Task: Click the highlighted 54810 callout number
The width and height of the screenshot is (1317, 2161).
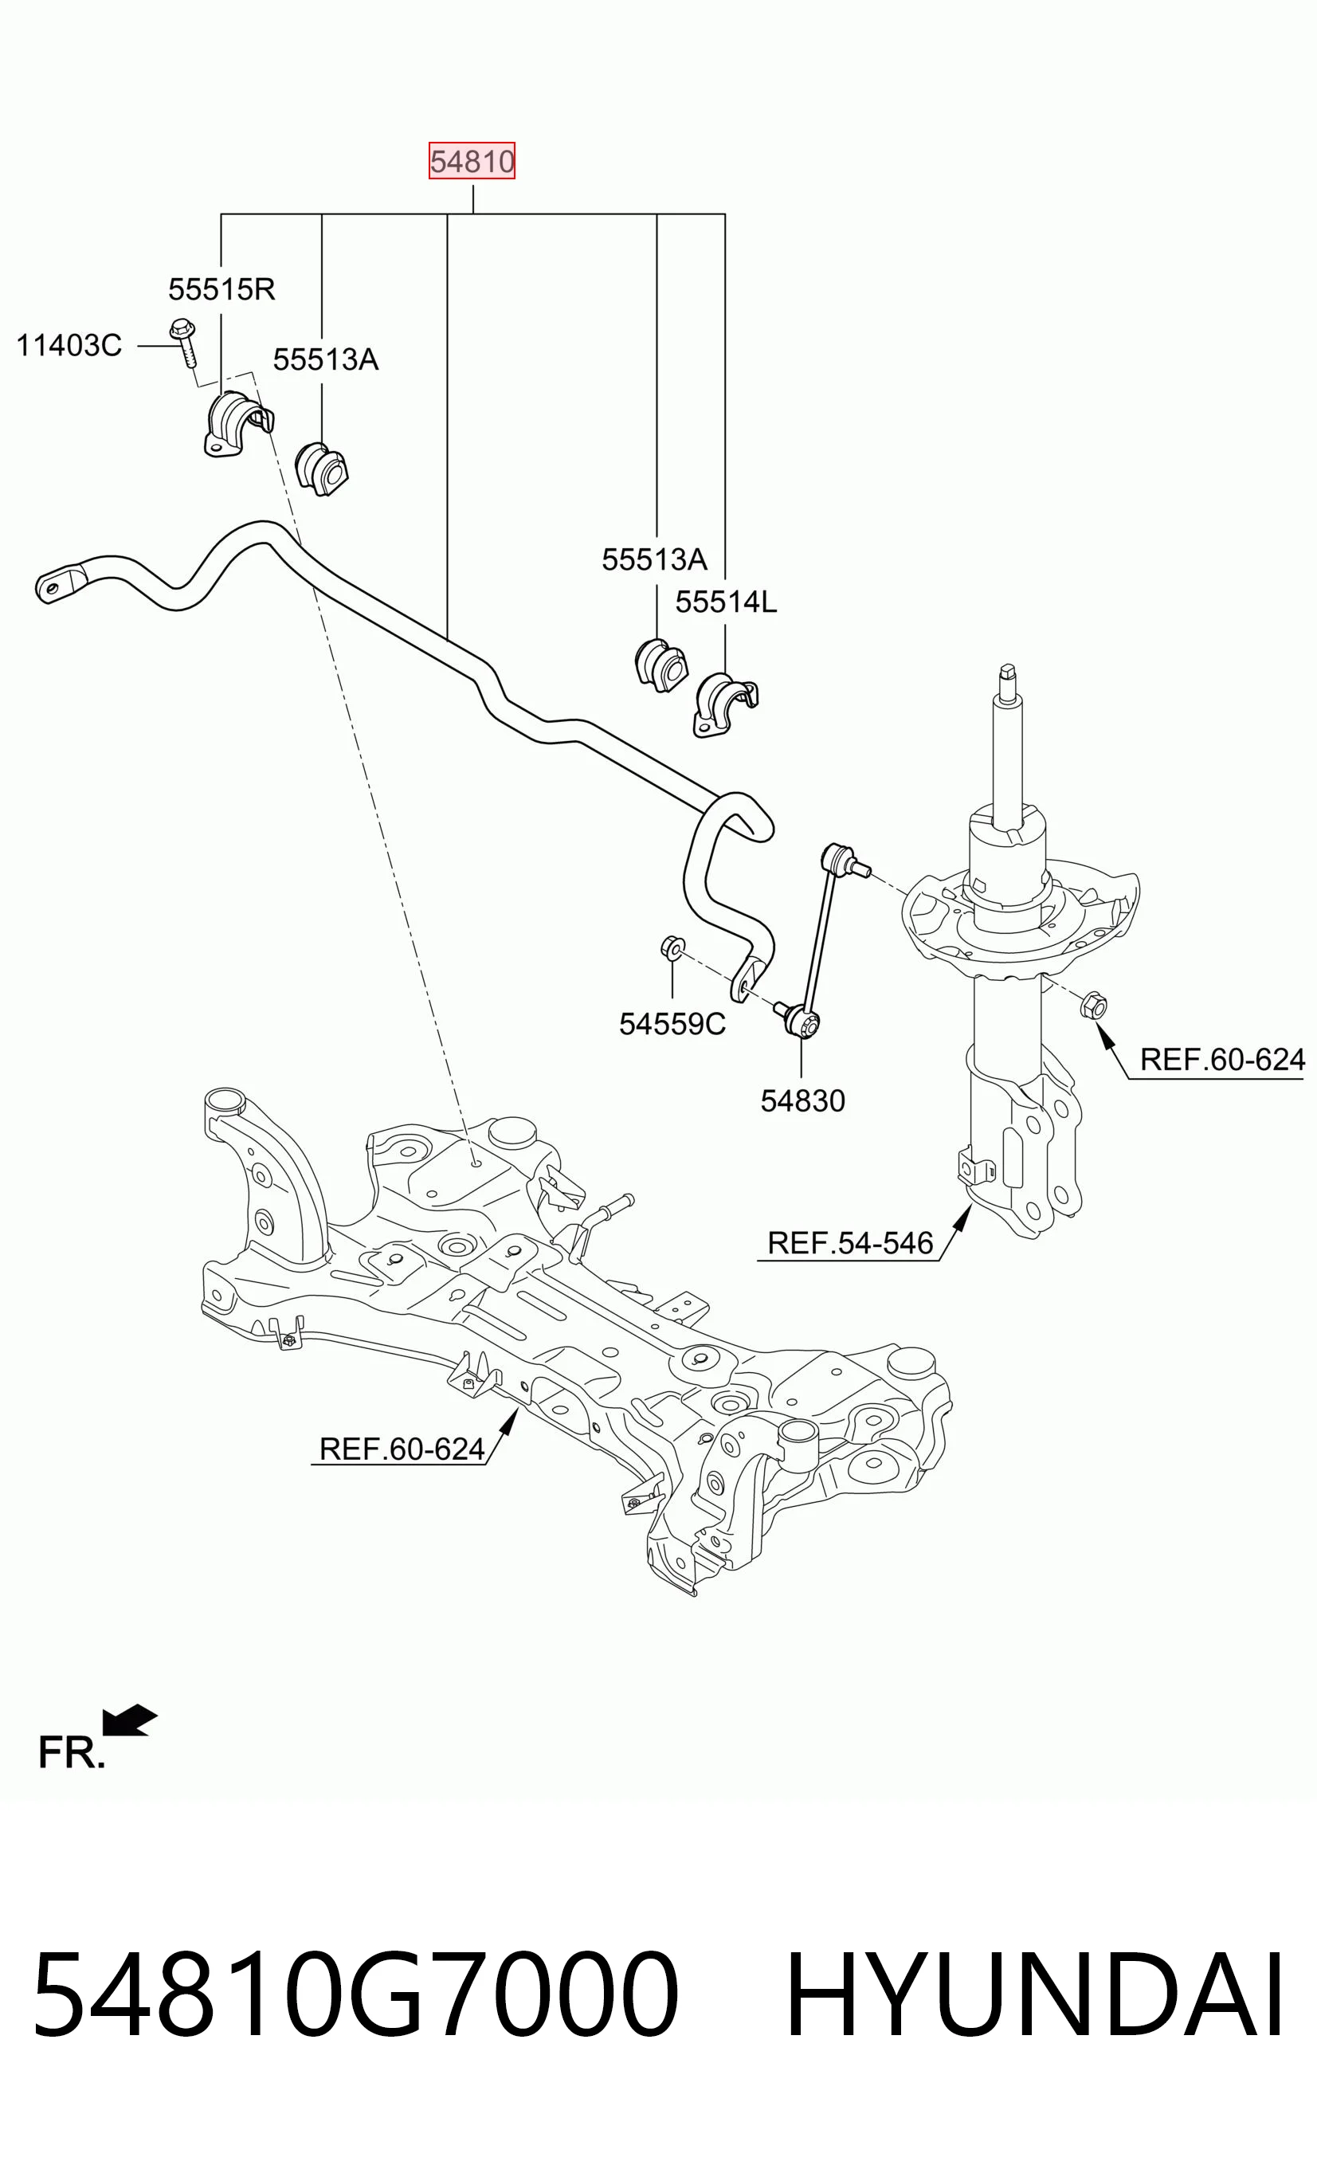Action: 472,162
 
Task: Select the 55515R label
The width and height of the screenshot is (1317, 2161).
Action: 221,288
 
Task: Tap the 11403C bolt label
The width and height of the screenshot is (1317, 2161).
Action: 69,346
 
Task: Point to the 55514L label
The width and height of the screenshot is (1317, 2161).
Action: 726,602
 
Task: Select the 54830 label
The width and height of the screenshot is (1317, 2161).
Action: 802,1100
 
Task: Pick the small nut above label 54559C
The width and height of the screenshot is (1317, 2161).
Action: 672,947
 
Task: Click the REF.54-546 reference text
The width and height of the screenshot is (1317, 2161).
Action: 849,1243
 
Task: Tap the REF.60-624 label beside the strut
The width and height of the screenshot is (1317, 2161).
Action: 1222,1060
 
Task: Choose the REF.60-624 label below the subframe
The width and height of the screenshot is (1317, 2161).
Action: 402,1449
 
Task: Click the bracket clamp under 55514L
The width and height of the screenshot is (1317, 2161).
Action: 725,705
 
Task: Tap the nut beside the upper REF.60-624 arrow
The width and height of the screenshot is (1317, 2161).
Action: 1093,1004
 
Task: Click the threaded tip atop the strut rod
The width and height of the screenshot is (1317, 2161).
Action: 1009,673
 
